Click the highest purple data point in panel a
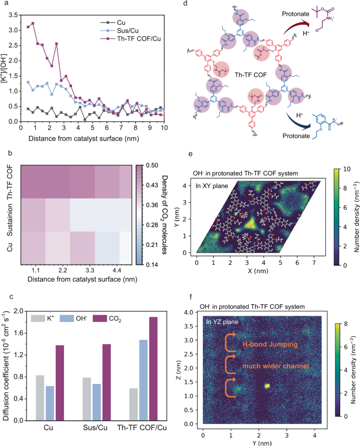[x=33, y=23]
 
